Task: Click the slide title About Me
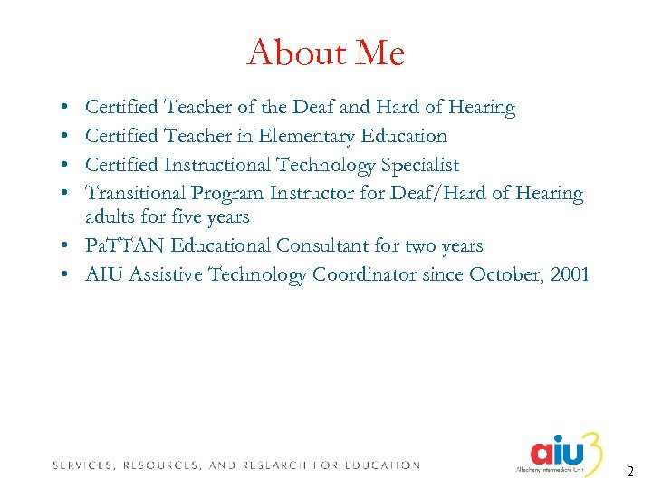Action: (325, 53)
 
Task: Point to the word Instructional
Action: (220, 165)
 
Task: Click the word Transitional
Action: (134, 193)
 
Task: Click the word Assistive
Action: (169, 274)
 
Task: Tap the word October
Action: (502, 274)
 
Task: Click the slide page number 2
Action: (630, 472)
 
